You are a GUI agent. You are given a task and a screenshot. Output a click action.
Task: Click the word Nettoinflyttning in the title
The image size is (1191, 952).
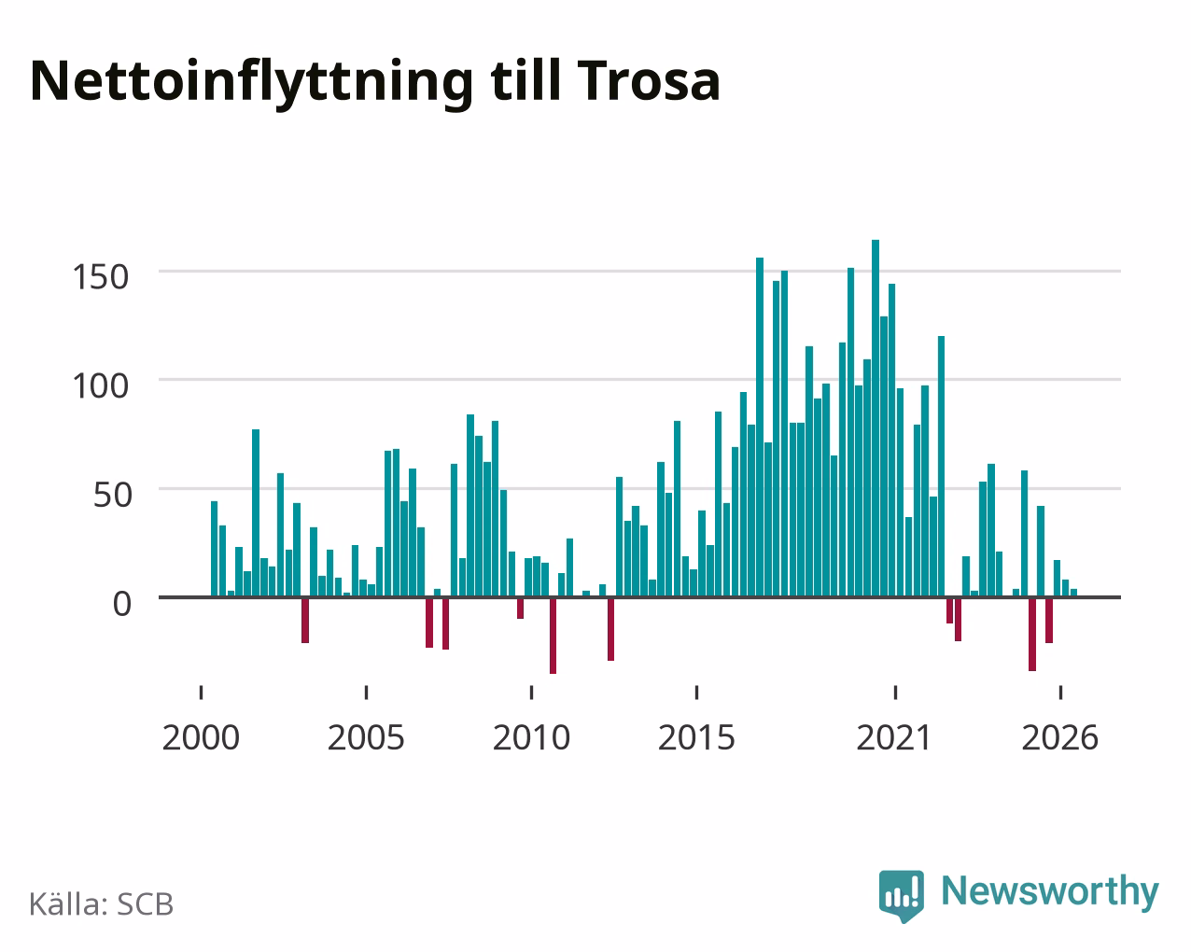[251, 83]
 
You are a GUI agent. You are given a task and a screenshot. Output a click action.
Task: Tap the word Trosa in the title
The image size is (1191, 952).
[648, 81]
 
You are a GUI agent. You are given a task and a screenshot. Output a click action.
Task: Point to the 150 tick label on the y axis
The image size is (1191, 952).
[100, 277]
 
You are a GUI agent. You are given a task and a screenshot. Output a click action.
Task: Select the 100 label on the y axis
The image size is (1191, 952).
[100, 385]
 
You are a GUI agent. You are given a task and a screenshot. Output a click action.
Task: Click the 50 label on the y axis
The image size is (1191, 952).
[112, 495]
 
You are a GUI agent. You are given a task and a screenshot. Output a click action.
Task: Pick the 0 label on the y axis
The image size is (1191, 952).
[122, 603]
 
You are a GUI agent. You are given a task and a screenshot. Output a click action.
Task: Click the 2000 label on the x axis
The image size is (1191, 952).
[201, 737]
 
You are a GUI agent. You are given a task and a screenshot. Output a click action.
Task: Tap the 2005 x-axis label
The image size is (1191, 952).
[366, 737]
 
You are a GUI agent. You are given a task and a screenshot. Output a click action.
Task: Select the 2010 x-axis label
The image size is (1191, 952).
[531, 737]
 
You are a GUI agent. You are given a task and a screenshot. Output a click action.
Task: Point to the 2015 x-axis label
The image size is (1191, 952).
[696, 737]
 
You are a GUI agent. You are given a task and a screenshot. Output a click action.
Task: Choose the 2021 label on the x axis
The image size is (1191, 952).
[894, 737]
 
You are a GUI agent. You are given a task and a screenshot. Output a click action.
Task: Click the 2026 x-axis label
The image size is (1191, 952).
[1059, 737]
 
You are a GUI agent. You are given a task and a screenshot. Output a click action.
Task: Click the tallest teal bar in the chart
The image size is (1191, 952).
[876, 418]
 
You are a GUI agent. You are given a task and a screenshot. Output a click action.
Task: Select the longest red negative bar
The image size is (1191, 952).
[553, 636]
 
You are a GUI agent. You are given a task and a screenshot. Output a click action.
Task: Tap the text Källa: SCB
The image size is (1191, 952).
[102, 904]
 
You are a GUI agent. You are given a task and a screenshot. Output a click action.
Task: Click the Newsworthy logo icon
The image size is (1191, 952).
[901, 896]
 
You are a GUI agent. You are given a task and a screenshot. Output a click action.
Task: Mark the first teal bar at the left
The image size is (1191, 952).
[214, 549]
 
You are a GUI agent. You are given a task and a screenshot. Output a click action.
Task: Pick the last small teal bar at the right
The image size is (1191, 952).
[1073, 593]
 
